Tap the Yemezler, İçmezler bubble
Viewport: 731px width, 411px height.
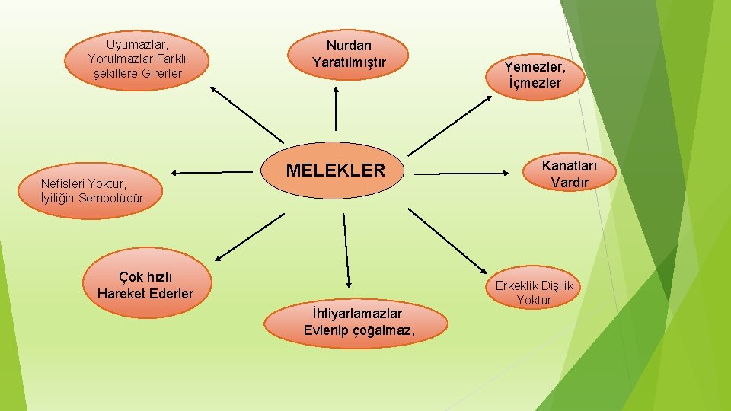coord(534,75)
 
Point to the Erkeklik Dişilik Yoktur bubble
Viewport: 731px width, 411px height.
coord(534,292)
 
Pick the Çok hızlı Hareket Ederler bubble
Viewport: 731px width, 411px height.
coord(145,285)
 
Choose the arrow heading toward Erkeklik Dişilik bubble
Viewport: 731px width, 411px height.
coord(450,240)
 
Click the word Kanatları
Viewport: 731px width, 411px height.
coord(570,166)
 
